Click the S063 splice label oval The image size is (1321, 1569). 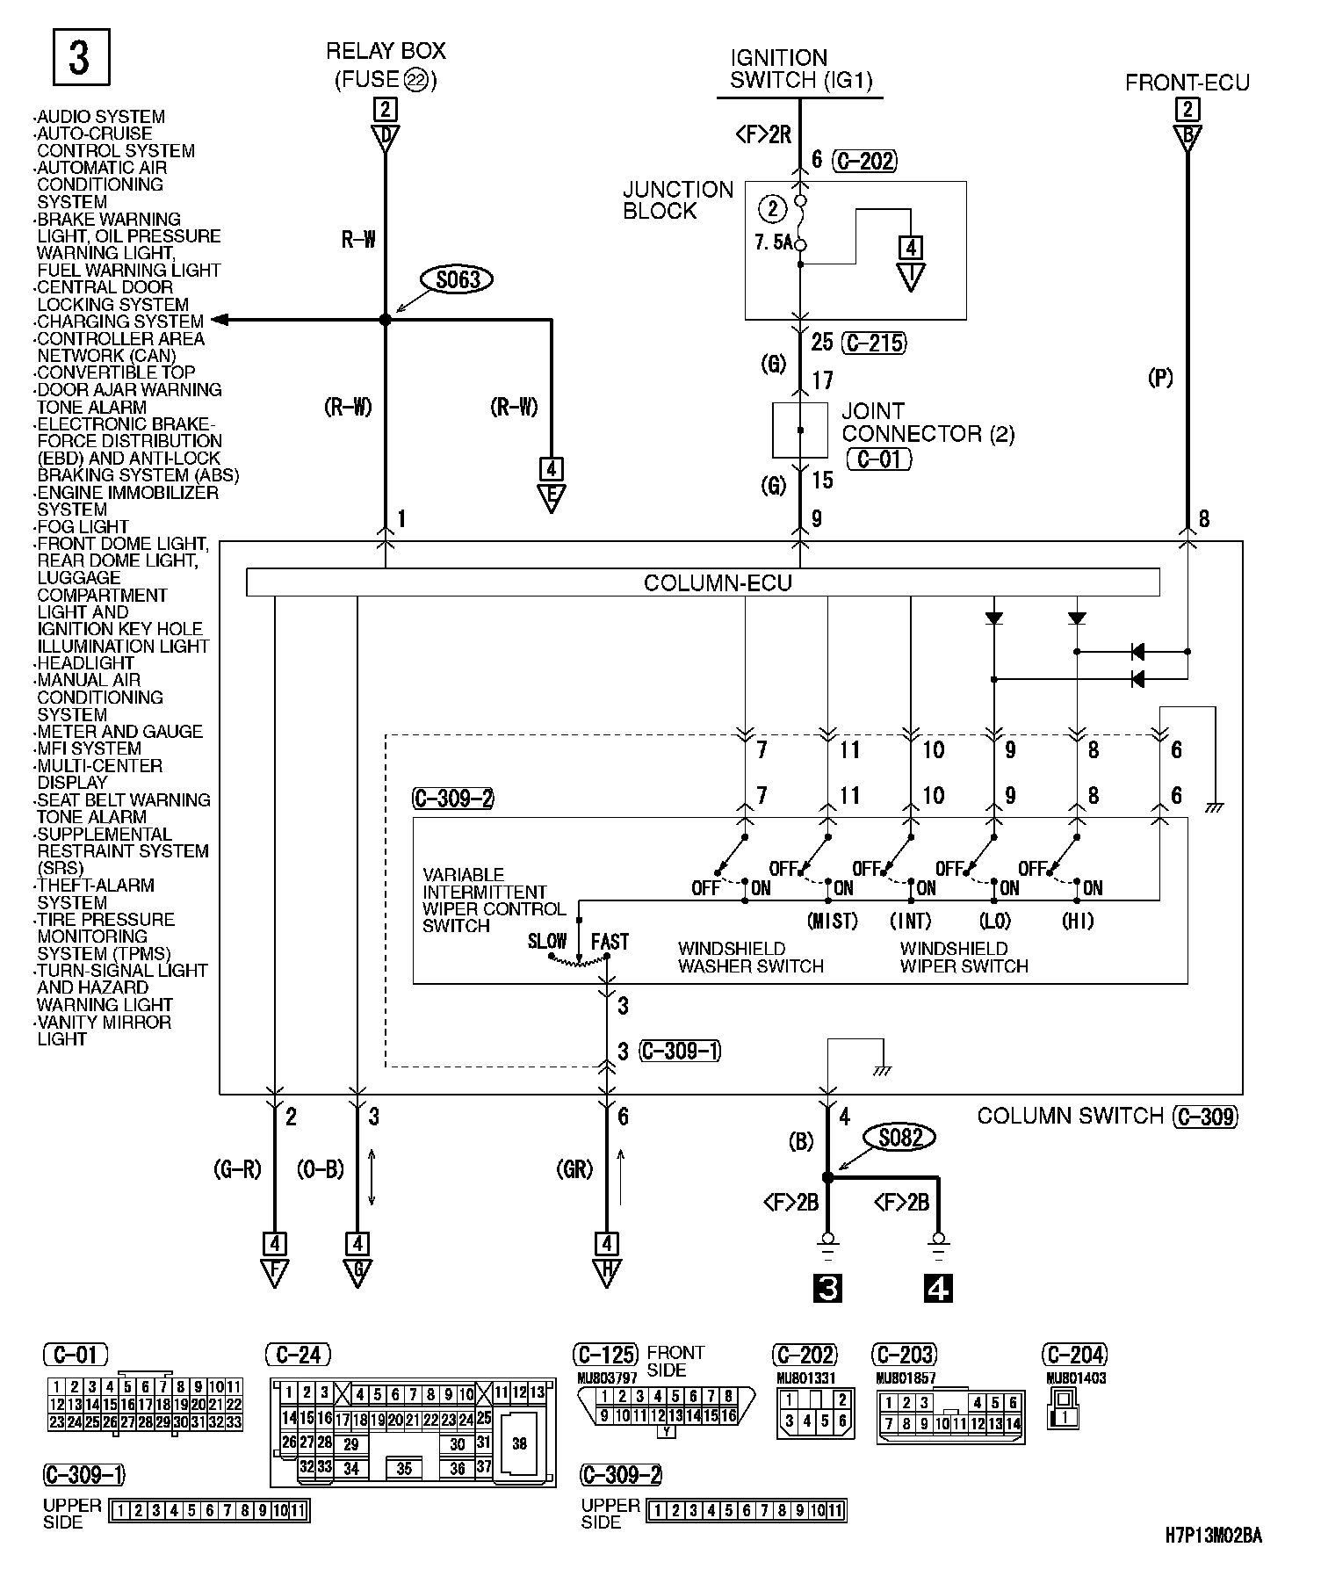point(458,280)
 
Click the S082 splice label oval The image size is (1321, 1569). point(900,1138)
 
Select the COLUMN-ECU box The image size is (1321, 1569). point(703,582)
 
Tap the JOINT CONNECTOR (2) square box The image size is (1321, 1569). point(799,430)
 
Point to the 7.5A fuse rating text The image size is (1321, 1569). point(773,242)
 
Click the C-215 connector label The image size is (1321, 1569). point(874,343)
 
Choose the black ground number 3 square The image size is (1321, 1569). point(827,1288)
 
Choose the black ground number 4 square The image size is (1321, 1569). point(938,1288)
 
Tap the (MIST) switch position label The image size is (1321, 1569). point(831,921)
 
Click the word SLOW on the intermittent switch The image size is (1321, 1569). point(547,942)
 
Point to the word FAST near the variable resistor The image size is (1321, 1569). point(610,942)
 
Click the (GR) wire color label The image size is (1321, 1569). point(574,1169)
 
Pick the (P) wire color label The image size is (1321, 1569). point(1160,378)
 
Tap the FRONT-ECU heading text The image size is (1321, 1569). point(1187,83)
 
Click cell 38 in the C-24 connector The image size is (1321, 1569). point(519,1443)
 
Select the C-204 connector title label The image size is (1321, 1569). point(1074,1355)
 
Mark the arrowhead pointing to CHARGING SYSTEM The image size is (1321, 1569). point(220,320)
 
